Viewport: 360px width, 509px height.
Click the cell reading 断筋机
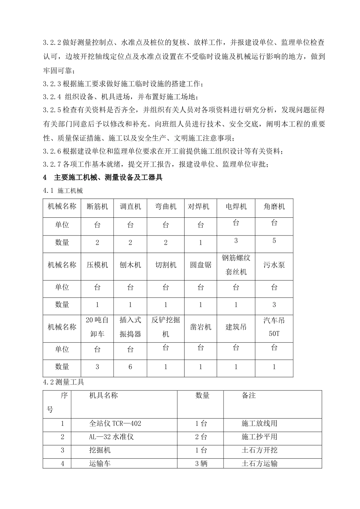pyautogui.click(x=97, y=207)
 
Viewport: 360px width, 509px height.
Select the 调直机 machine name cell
pyautogui.click(x=130, y=207)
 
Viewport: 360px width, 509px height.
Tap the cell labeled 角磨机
pyautogui.click(x=274, y=207)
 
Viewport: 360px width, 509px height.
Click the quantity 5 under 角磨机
pyautogui.click(x=274, y=241)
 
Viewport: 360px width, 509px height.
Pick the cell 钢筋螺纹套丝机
pyautogui.click(x=236, y=265)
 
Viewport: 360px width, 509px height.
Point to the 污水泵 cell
pyautogui.click(x=274, y=265)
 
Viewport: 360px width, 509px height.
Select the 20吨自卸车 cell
pyautogui.click(x=97, y=327)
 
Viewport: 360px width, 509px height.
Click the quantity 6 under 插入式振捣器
pyautogui.click(x=130, y=367)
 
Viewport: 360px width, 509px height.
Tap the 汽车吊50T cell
pyautogui.click(x=274, y=327)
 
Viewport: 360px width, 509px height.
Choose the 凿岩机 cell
pyautogui.click(x=200, y=327)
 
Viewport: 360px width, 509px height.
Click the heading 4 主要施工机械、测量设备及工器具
pyautogui.click(x=103, y=177)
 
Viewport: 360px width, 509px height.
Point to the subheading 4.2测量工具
pyautogui.click(x=64, y=383)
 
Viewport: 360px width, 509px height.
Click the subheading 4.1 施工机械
pyautogui.click(x=63, y=190)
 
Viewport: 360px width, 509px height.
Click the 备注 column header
pyautogui.click(x=249, y=396)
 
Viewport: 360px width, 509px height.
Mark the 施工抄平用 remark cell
pyautogui.click(x=259, y=437)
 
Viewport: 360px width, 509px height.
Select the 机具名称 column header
pyautogui.click(x=103, y=396)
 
